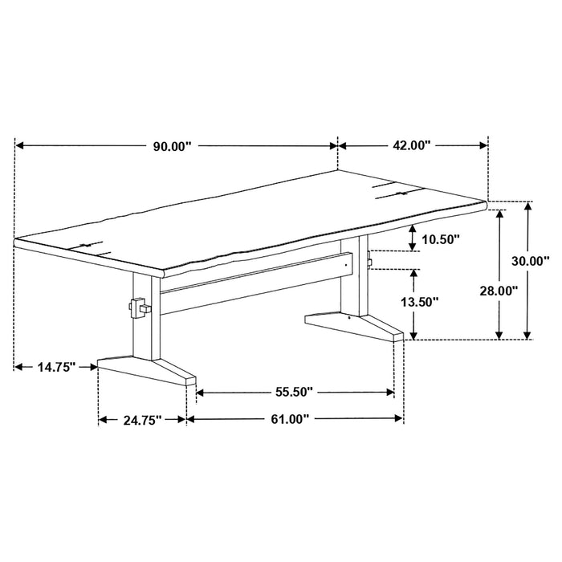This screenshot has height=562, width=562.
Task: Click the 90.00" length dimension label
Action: (173, 146)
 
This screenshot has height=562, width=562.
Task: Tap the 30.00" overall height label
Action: (531, 261)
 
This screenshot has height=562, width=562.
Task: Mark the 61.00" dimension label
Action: (287, 419)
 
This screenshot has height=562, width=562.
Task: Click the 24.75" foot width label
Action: (143, 419)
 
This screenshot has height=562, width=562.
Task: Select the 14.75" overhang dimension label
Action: (55, 368)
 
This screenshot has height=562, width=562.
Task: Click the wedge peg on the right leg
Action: (369, 259)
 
